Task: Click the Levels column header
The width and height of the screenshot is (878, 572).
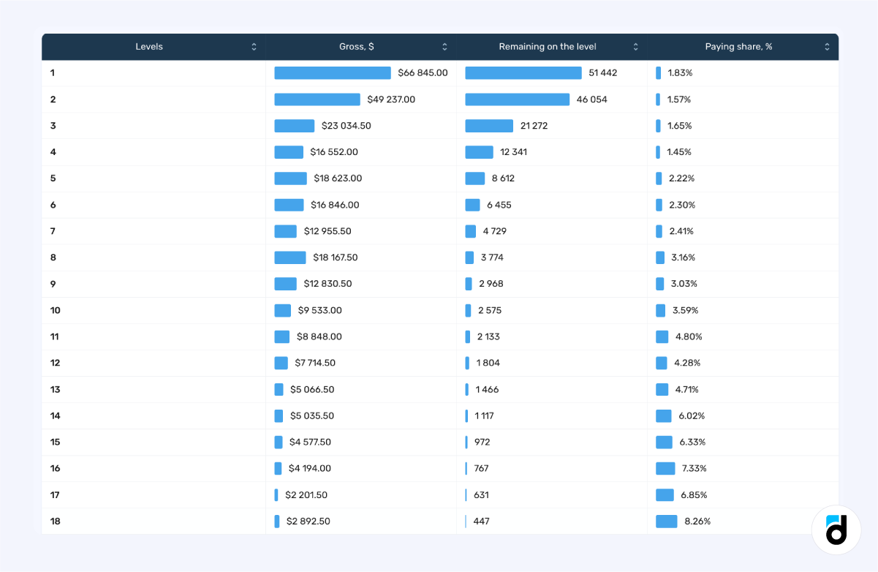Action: [149, 47]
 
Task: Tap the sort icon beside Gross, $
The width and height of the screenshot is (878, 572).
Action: [444, 47]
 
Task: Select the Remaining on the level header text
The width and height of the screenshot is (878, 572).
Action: [547, 47]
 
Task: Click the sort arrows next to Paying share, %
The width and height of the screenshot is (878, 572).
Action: [827, 47]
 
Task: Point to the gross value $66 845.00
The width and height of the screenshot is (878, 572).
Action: [423, 73]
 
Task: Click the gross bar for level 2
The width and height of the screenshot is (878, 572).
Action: [317, 99]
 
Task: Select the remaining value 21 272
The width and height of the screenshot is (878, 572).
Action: [534, 126]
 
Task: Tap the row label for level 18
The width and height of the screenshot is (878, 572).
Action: [56, 522]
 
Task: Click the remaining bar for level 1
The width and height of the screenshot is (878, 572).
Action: [523, 73]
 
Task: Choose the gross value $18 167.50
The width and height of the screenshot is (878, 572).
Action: [335, 257]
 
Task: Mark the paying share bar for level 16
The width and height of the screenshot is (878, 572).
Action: [665, 469]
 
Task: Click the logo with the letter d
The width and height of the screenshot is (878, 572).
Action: [836, 530]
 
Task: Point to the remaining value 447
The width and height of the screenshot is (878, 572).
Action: [481, 522]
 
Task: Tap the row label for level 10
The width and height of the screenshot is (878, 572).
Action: [56, 310]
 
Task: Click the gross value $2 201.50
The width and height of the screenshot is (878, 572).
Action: [306, 495]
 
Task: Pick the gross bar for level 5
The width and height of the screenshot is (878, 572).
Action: [290, 178]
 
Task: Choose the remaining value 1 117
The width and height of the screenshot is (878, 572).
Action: [484, 416]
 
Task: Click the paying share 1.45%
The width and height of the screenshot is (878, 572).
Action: [678, 152]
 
